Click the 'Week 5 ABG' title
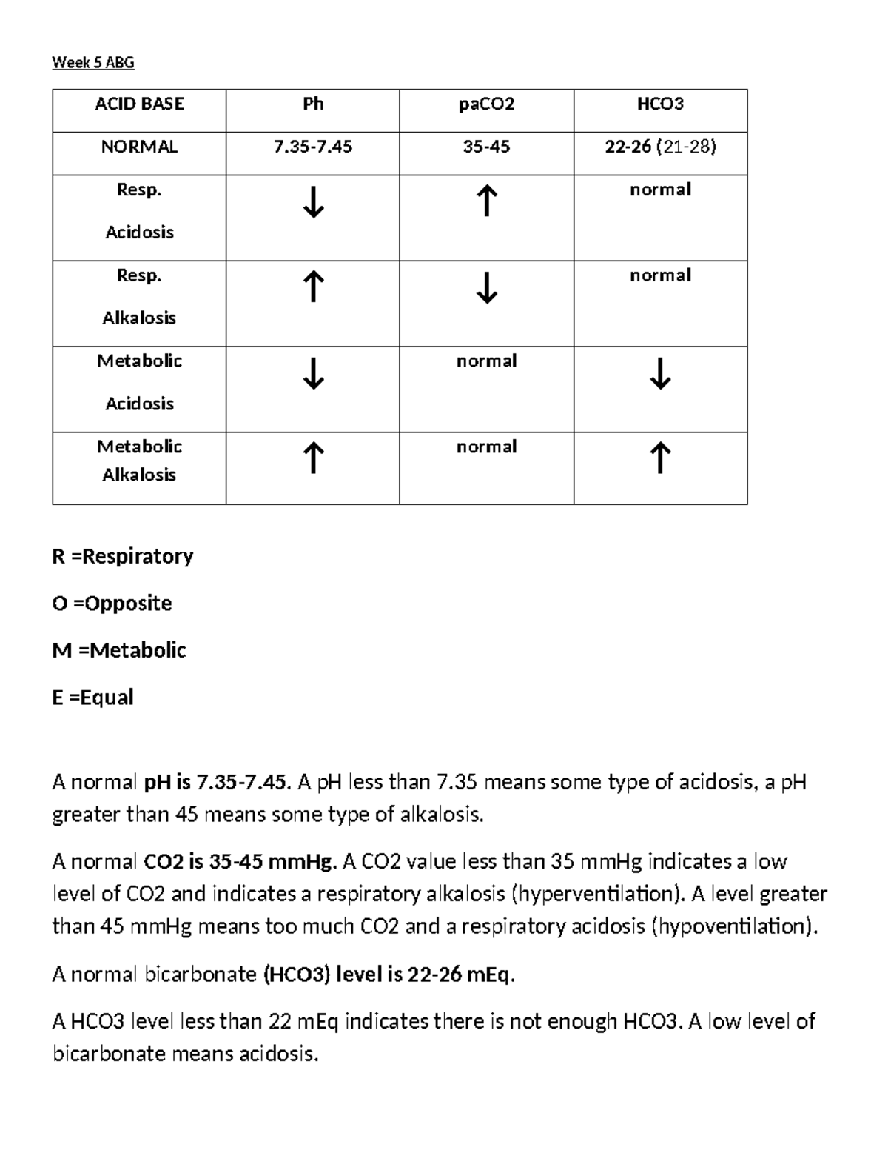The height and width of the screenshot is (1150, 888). [93, 63]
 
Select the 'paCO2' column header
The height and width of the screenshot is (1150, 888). [486, 104]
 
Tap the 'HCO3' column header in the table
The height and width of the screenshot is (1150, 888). [660, 104]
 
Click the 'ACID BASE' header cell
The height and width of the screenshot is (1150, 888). [139, 104]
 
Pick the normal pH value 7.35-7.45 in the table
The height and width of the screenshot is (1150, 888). [313, 147]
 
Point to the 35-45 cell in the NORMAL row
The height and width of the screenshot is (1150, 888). [486, 147]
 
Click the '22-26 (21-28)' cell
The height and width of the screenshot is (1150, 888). [660, 147]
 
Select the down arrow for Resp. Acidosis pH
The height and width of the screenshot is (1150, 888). [313, 202]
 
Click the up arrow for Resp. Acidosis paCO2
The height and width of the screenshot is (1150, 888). [486, 201]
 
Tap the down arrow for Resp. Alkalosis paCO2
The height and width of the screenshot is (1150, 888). [486, 288]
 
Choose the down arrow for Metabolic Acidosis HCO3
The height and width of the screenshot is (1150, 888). [660, 374]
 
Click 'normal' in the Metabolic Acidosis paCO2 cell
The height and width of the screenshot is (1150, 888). [486, 361]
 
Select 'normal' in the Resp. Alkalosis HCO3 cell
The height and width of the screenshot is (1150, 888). [660, 275]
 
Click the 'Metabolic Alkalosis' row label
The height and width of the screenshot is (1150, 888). [139, 461]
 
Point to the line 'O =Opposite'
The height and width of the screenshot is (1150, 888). [112, 604]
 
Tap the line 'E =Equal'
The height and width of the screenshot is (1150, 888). [92, 698]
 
